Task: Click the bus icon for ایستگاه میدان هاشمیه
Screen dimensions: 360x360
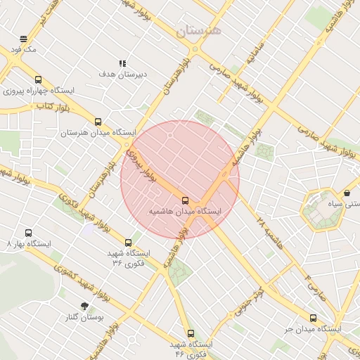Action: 185,200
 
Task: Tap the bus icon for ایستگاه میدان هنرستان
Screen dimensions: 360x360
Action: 98,121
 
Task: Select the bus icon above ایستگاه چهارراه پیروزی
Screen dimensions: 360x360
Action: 38,79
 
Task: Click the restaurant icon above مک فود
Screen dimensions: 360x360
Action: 24,39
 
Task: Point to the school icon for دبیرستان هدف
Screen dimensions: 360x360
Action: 123,63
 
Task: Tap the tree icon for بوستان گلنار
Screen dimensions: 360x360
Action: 85,307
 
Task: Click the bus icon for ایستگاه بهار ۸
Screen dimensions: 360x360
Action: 29,233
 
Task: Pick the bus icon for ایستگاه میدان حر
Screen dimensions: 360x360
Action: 313,318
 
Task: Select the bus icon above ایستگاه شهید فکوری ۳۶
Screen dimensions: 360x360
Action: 128,243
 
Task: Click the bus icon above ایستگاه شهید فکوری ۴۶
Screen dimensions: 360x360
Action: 190,333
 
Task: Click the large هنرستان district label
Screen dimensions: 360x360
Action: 198,30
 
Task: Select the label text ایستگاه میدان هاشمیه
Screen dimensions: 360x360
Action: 185,211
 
